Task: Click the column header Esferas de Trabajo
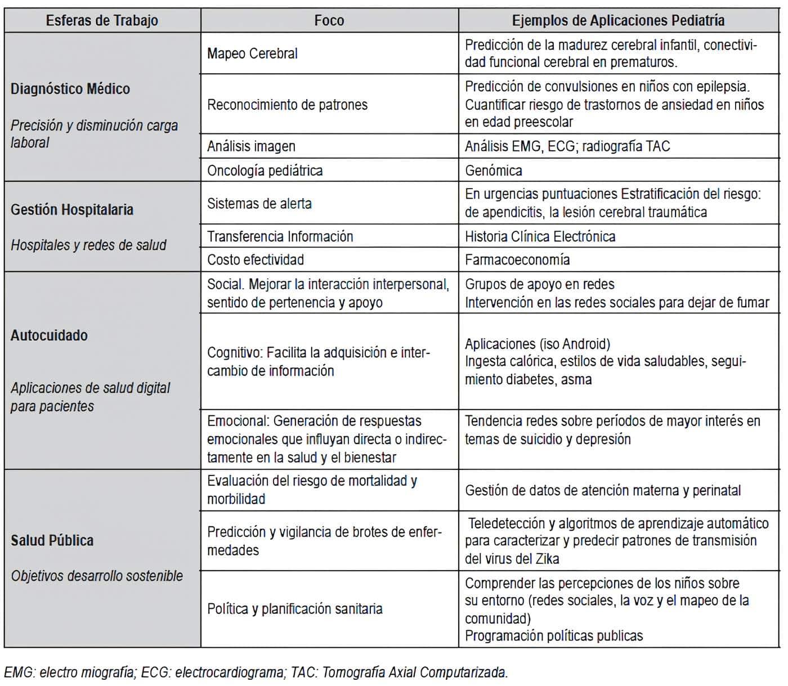click(102, 21)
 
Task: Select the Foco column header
click(329, 21)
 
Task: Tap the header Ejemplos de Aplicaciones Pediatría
click(618, 21)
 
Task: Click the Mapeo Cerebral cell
click(252, 53)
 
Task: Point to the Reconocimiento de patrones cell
click(287, 105)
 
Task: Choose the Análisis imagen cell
click(251, 146)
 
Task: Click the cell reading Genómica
click(494, 171)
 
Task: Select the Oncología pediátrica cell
click(265, 171)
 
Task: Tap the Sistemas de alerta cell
click(259, 204)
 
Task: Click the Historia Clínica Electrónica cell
click(540, 236)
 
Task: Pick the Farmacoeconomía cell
click(517, 259)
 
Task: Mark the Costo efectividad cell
click(256, 259)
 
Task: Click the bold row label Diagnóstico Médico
click(70, 89)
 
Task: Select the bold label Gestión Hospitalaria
click(72, 210)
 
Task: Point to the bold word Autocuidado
click(49, 335)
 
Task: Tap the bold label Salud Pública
click(52, 540)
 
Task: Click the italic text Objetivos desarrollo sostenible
click(97, 576)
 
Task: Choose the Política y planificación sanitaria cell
click(294, 609)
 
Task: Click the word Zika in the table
click(547, 559)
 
